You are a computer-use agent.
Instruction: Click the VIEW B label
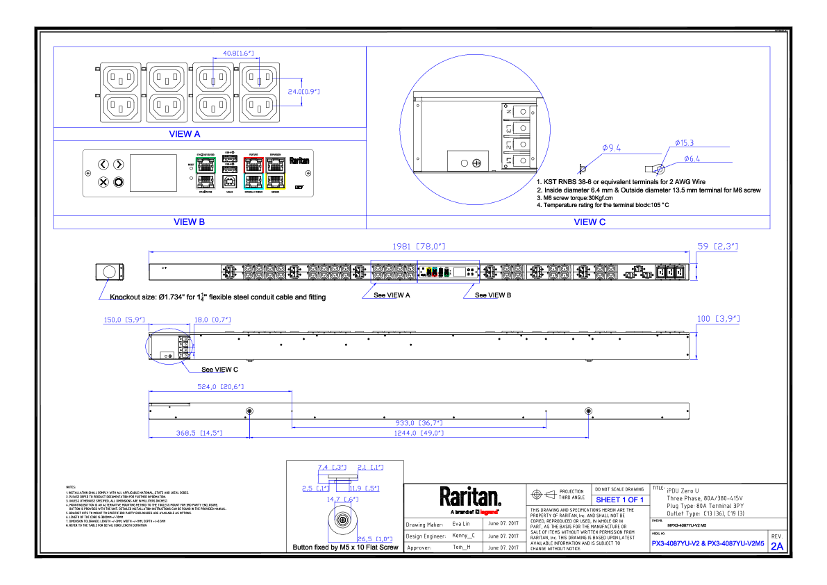coord(189,222)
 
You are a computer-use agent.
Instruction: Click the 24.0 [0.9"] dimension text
coord(303,92)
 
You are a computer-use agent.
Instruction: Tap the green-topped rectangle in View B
coord(206,173)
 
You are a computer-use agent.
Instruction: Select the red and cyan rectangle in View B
coord(253,173)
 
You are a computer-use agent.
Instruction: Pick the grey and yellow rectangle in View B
coord(276,173)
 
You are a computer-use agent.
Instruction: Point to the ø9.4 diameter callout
coord(611,148)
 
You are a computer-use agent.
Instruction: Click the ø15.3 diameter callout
coord(685,143)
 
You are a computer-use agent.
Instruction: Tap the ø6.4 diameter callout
coord(692,159)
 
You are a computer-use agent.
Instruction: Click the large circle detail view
coord(475,129)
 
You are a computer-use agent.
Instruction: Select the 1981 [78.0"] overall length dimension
coord(419,247)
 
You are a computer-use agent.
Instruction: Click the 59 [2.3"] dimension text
coord(717,247)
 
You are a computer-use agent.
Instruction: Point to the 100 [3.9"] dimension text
coord(717,319)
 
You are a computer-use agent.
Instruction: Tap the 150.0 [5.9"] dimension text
coord(124,320)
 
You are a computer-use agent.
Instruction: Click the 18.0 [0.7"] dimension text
coord(212,320)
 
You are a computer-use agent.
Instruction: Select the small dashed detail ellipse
coord(169,347)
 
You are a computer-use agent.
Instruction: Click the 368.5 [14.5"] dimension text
coord(199,433)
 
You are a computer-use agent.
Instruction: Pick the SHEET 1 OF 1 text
coord(619,500)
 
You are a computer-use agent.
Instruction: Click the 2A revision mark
coord(777,546)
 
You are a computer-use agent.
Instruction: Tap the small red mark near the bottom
coord(489,512)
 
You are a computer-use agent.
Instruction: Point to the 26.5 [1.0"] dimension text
coord(375,538)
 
